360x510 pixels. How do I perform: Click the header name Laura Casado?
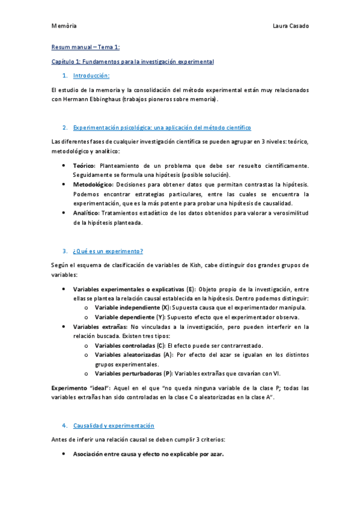(291, 26)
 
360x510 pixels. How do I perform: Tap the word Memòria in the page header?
(64, 26)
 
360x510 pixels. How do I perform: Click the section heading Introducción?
(91, 76)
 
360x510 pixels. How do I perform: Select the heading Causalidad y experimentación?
(114, 426)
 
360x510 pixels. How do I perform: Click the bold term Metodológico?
(93, 184)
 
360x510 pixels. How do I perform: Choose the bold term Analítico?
(87, 213)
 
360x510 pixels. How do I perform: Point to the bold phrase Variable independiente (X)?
(132, 307)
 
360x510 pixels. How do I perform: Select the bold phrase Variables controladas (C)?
(130, 346)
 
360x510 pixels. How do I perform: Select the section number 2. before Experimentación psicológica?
(64, 128)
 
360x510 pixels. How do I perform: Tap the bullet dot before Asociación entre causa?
(64, 454)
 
